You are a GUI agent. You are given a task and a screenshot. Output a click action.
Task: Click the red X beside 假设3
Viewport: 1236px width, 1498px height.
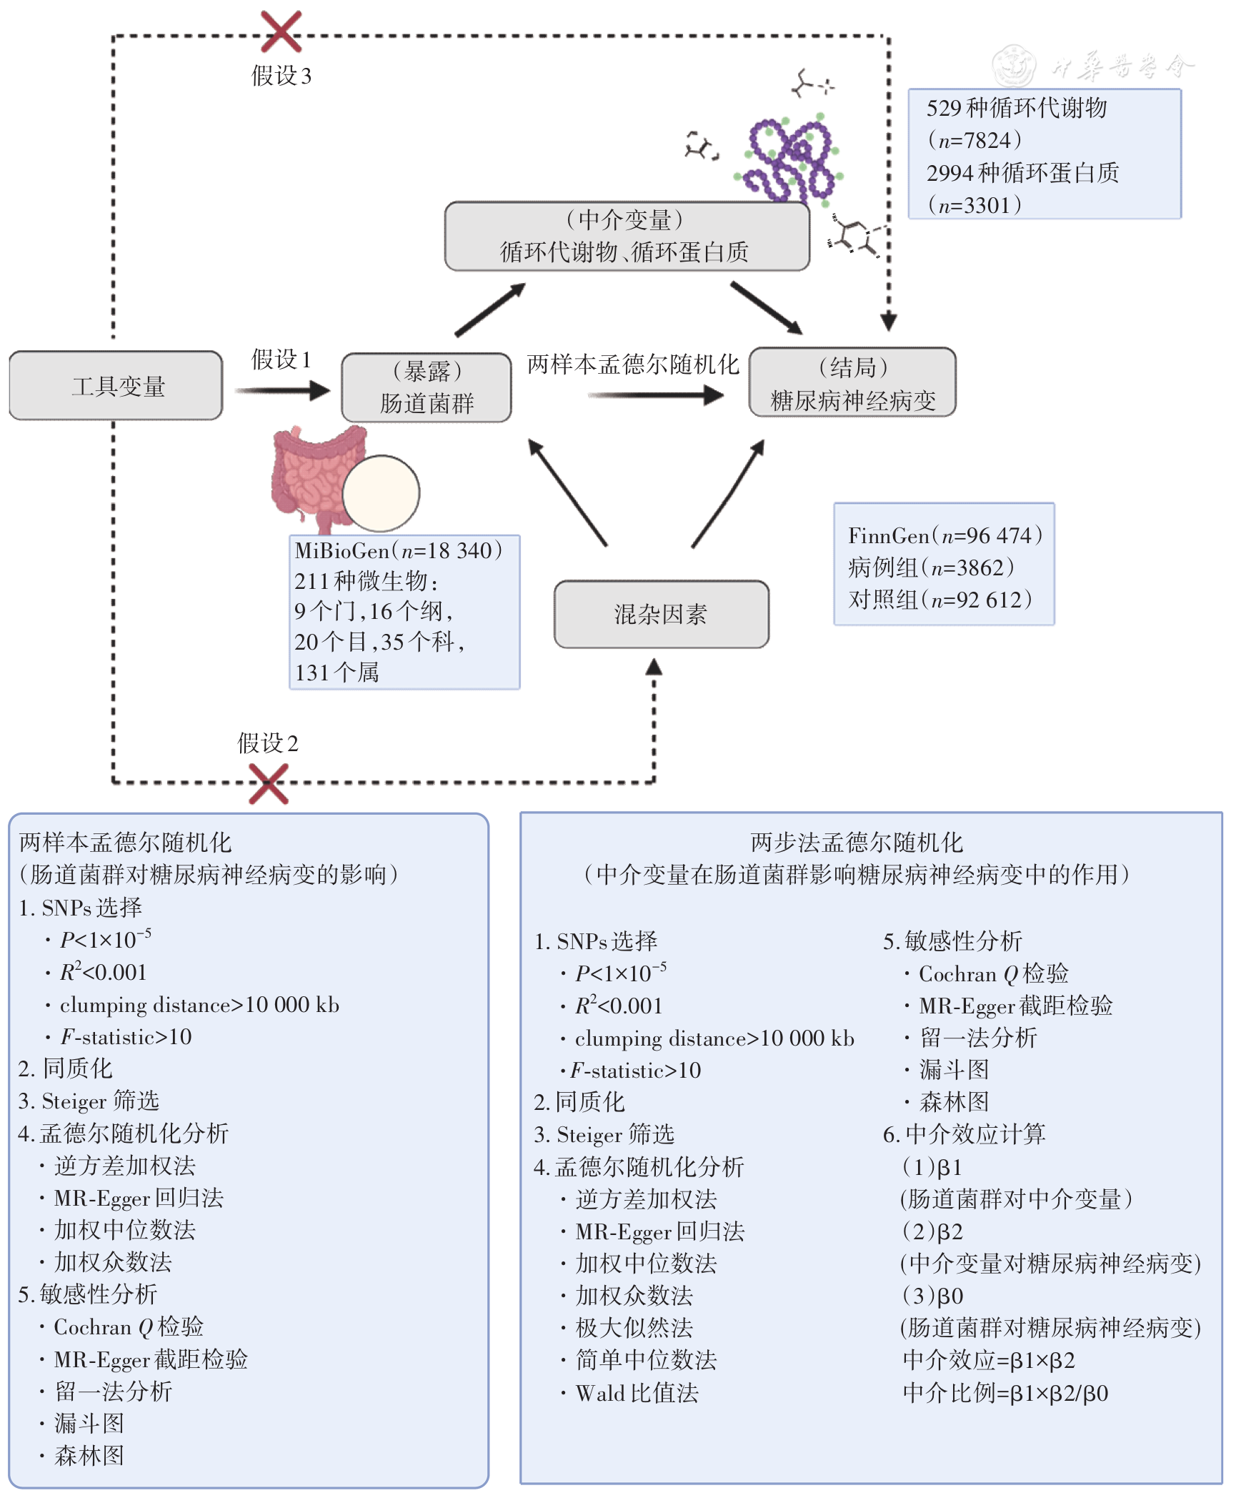281,31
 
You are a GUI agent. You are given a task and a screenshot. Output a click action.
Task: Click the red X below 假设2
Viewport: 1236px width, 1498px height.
269,784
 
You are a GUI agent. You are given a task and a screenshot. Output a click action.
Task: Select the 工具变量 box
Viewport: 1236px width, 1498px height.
116,385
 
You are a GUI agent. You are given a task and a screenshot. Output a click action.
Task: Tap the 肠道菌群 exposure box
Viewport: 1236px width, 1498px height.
427,387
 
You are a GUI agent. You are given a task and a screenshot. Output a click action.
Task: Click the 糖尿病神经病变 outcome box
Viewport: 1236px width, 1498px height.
852,382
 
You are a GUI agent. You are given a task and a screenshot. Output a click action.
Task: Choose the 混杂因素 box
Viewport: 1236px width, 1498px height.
662,614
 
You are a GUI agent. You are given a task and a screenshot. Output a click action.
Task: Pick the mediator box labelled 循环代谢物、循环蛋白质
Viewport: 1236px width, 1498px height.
627,236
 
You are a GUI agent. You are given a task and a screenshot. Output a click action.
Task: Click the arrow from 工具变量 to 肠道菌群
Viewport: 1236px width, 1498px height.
283,390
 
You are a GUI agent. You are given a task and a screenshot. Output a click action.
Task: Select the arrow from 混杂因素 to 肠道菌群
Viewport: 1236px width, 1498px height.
567,492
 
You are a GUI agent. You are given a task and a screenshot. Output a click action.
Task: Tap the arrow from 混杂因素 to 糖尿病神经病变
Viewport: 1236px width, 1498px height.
728,493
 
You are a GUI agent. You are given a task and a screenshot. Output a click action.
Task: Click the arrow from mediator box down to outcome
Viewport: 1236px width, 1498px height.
767,308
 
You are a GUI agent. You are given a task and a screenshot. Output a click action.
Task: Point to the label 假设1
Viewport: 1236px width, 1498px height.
281,359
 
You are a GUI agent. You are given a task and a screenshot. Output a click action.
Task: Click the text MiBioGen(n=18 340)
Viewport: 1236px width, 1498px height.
399,550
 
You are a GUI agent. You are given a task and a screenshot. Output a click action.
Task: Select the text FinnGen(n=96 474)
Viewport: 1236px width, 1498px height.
945,535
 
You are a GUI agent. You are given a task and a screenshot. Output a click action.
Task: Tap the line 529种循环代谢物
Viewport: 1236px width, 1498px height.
1017,108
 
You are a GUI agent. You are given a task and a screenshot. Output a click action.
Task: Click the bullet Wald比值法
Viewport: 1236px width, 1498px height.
637,1393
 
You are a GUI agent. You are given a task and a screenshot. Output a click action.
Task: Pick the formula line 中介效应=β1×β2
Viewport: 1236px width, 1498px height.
989,1360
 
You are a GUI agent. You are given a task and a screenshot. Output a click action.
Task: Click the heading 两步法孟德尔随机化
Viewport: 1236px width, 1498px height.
857,843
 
